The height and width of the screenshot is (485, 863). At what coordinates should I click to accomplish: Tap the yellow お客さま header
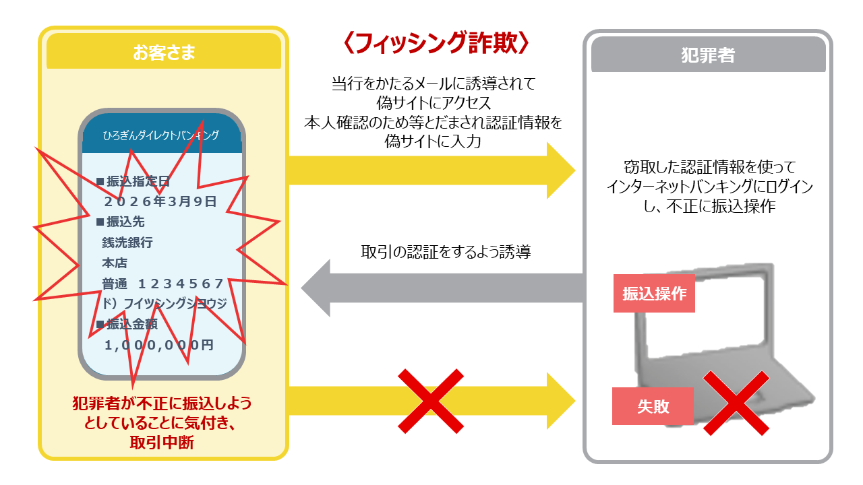(164, 53)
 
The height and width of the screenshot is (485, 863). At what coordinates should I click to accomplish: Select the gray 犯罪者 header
(708, 55)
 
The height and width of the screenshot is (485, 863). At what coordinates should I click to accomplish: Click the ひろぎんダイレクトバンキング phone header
(161, 135)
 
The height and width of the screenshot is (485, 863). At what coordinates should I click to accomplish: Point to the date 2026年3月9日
(160, 201)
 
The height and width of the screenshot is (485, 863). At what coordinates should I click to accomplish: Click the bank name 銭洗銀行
(127, 243)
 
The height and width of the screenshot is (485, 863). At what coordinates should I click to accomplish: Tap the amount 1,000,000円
(159, 345)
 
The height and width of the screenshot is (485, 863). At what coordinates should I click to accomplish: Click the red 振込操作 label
(654, 294)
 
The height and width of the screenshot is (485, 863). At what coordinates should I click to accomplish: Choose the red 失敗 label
(653, 406)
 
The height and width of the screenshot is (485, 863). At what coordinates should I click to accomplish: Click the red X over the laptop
(736, 403)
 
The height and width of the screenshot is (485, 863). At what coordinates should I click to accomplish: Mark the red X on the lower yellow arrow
(431, 401)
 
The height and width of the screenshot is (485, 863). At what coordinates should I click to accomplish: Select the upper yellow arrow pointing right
(431, 170)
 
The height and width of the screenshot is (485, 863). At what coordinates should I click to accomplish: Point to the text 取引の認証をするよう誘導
(446, 253)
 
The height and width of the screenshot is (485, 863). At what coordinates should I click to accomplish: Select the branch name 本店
(115, 263)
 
